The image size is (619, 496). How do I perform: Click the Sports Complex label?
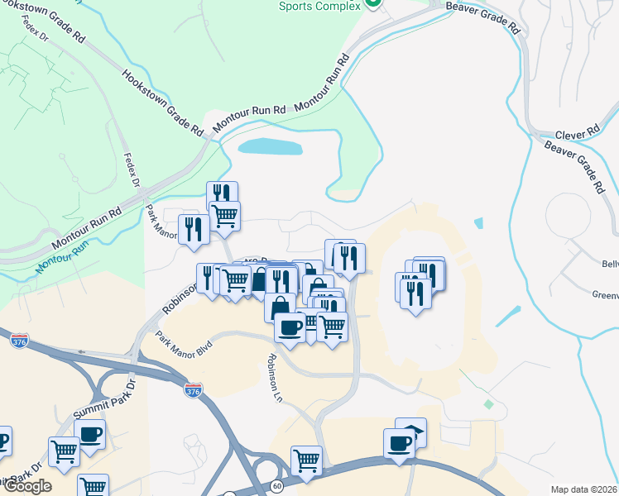pyautogui.click(x=319, y=6)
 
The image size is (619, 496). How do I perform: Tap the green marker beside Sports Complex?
pyautogui.click(x=372, y=4)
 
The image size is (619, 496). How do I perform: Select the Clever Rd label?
pyautogui.click(x=577, y=134)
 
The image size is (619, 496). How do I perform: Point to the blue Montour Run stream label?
pyautogui.click(x=61, y=259)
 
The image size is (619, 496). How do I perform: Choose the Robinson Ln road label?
pyautogui.click(x=275, y=379)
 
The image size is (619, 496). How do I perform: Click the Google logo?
pyautogui.click(x=26, y=486)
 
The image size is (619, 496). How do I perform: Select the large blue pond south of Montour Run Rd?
pyautogui.click(x=270, y=147)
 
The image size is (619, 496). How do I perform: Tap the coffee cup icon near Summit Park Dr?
pyautogui.click(x=90, y=433)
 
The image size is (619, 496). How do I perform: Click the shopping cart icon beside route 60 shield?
pyautogui.click(x=306, y=460)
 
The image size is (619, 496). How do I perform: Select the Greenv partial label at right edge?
pyautogui.click(x=605, y=294)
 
